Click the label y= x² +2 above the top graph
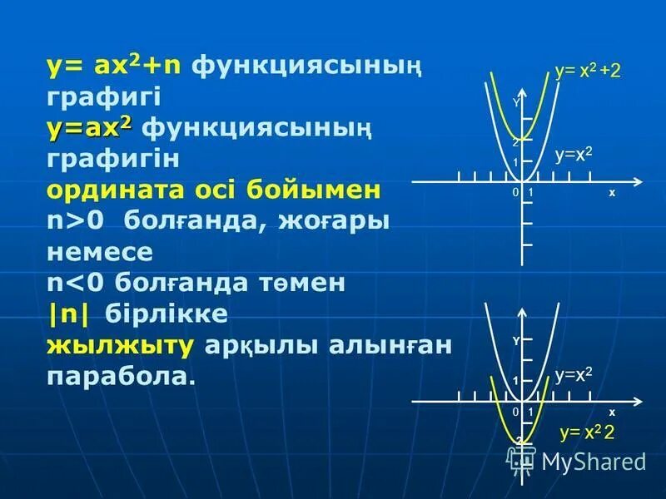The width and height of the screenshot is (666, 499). click(588, 72)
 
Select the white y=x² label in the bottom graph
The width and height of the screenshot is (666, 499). click(574, 375)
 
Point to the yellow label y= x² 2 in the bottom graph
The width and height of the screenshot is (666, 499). click(587, 432)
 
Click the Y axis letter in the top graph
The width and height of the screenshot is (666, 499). click(516, 103)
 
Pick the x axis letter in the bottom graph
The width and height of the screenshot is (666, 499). click(611, 413)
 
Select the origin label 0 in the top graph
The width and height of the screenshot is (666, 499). click(515, 193)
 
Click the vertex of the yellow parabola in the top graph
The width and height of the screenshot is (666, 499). click(522, 140)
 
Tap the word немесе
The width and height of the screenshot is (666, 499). click(100, 252)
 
